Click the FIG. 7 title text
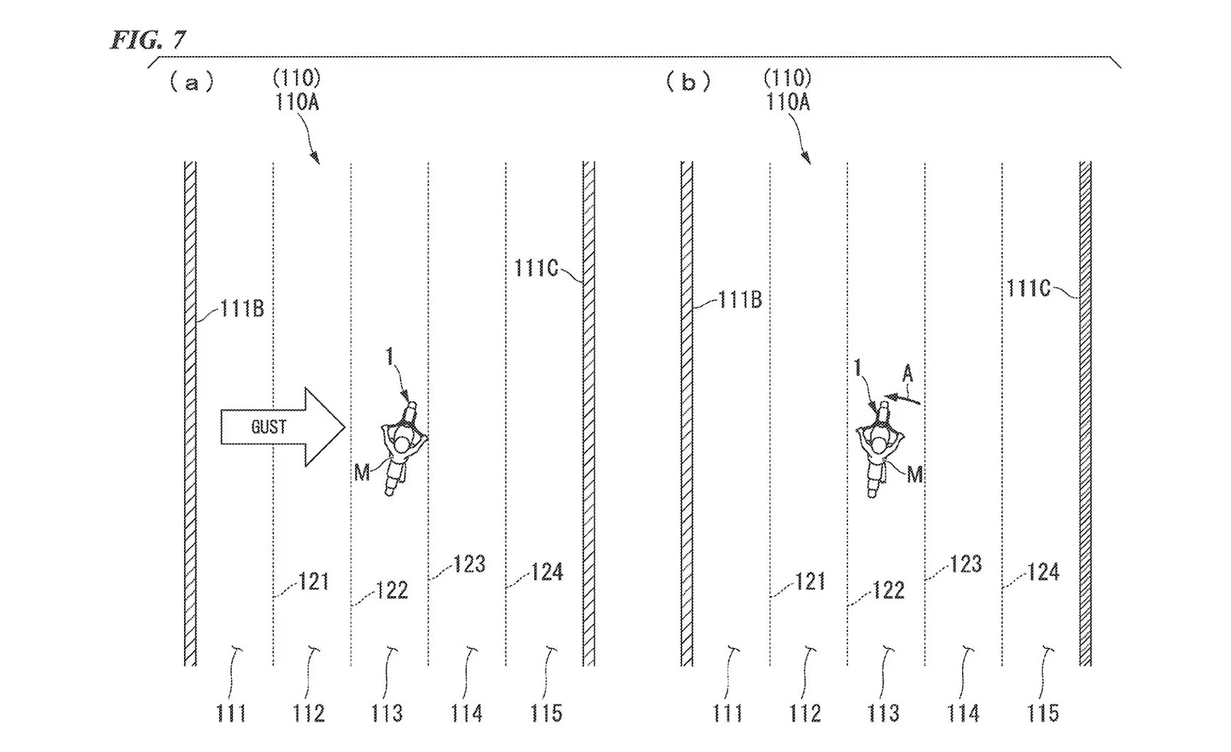click(x=148, y=40)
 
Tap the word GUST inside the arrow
click(x=268, y=427)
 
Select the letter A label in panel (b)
click(x=908, y=373)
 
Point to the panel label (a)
click(x=191, y=83)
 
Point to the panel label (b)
click(x=688, y=83)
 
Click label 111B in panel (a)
click(x=241, y=309)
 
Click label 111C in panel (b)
click(x=1028, y=288)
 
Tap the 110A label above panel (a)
click(x=297, y=103)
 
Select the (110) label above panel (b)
click(x=787, y=78)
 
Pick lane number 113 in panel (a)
click(x=387, y=714)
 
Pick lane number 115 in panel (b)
click(x=1043, y=714)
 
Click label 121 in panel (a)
click(x=314, y=582)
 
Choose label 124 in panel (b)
click(x=1043, y=572)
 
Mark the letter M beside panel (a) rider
click(x=362, y=472)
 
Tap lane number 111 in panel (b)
click(x=728, y=714)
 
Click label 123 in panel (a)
click(x=470, y=565)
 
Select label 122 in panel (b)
click(x=889, y=590)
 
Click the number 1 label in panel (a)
click(x=390, y=356)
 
